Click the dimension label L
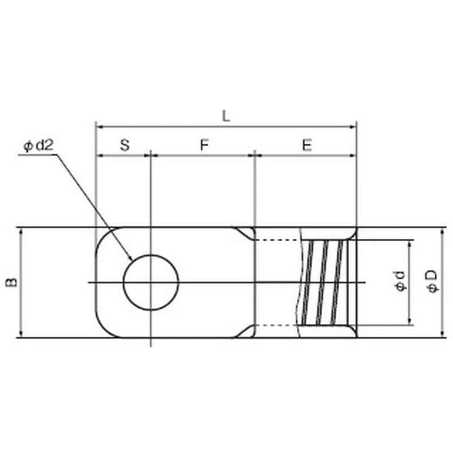coord(226,116)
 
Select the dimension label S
coord(125,145)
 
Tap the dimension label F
coord(204,145)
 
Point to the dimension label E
coord(307,145)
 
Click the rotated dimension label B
coord(11,283)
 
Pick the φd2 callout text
coord(39,146)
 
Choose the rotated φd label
coord(400,281)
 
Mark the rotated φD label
coord(433,281)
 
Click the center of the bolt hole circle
coord(151,282)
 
